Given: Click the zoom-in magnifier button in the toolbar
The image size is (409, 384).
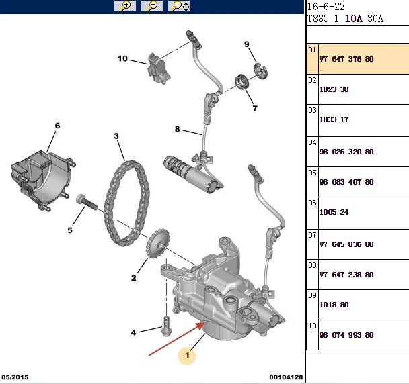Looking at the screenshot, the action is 125,6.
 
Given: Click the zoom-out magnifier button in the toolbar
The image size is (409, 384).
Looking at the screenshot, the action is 152,6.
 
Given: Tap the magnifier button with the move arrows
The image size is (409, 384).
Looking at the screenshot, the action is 179,6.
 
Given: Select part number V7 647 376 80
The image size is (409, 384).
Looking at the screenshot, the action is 346,59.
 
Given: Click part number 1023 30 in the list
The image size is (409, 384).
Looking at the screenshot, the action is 334,89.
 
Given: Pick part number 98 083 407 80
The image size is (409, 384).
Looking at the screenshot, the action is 346,182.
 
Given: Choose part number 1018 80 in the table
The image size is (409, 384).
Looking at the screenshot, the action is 334,305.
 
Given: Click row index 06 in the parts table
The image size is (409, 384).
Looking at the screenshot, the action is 312,203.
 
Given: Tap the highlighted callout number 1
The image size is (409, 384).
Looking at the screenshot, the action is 187,355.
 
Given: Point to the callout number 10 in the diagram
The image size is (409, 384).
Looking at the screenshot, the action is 122,58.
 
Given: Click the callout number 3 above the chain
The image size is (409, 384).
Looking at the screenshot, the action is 116,136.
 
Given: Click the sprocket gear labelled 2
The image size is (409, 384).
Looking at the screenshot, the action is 158,243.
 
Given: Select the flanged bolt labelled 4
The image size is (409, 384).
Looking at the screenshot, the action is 166,326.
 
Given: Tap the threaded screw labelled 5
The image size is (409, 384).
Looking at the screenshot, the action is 86,202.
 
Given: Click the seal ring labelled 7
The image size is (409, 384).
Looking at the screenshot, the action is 241,81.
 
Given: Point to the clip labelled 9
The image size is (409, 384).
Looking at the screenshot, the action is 260,70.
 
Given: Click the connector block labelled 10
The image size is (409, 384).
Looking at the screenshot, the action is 158,68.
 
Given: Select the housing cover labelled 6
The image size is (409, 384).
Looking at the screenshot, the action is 42,180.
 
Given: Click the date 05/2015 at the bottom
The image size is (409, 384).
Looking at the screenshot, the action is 15,377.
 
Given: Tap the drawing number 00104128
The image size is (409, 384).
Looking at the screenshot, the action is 286,377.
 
